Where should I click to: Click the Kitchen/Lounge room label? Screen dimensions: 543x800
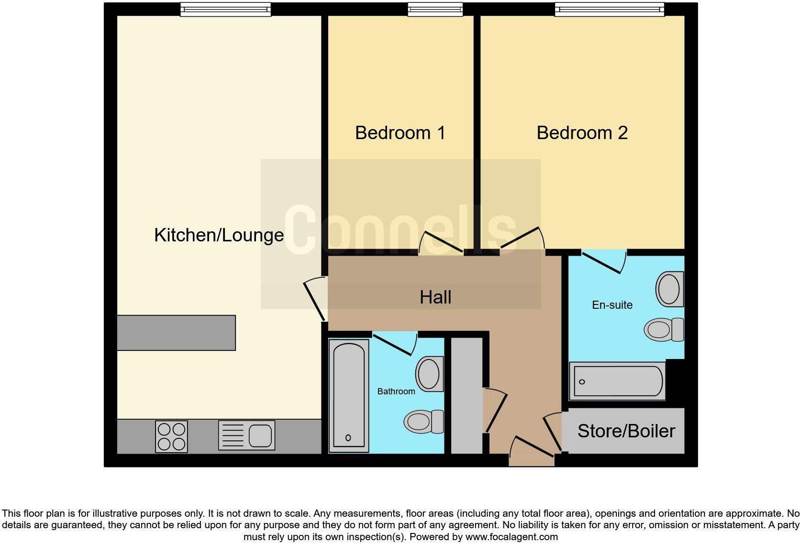click(x=219, y=235)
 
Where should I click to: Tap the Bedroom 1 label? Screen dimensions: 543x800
click(x=400, y=133)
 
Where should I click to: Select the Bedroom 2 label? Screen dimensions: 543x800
click(x=582, y=133)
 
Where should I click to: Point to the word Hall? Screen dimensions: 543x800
click(x=435, y=297)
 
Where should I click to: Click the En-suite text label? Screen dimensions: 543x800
click(x=612, y=305)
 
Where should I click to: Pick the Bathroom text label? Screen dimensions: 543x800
click(x=396, y=391)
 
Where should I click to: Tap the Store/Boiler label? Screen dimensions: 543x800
click(x=626, y=431)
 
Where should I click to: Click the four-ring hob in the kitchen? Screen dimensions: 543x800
click(x=171, y=436)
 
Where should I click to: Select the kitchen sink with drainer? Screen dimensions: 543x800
click(x=246, y=435)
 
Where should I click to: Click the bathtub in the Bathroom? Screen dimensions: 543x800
click(x=348, y=396)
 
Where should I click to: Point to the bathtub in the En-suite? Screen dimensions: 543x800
click(x=617, y=381)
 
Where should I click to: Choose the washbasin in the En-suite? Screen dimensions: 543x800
click(x=670, y=289)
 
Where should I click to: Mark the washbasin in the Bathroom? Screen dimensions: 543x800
click(x=429, y=374)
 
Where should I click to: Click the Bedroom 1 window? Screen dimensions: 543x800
click(x=435, y=9)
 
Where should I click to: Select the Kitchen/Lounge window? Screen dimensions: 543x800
click(x=225, y=9)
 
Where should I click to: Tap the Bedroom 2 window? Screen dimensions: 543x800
click(x=609, y=9)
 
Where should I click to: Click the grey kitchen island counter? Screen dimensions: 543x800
click(x=176, y=333)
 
